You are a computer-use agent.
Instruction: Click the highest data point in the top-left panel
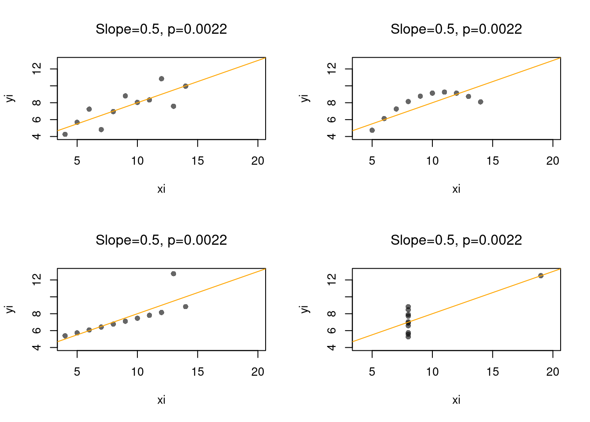click(162, 79)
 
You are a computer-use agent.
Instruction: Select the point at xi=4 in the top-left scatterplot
click(65, 134)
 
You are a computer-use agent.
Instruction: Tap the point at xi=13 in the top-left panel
click(173, 106)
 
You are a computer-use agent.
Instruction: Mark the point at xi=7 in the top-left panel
click(101, 130)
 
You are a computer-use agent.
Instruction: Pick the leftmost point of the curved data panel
click(372, 130)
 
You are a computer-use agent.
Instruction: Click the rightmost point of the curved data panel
click(480, 102)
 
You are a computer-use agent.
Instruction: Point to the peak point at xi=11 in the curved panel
click(444, 92)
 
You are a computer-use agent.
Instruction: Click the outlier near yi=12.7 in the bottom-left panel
click(173, 274)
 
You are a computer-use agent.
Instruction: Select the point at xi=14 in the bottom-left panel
click(185, 306)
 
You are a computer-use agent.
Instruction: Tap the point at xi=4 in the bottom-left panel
click(65, 336)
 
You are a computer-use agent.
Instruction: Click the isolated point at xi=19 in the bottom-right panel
click(540, 276)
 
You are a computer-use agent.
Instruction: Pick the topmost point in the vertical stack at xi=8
click(408, 307)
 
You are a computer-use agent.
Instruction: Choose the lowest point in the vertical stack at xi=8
click(408, 336)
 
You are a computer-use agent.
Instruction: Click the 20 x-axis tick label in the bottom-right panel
click(553, 372)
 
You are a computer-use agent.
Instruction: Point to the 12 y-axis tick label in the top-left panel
click(37, 68)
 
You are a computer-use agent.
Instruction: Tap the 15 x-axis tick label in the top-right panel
click(493, 161)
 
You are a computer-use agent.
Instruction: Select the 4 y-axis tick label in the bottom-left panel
click(37, 347)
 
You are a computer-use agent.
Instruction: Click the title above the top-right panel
click(456, 29)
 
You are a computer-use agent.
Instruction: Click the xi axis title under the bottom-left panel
click(161, 400)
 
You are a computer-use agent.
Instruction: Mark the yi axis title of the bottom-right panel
click(305, 309)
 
